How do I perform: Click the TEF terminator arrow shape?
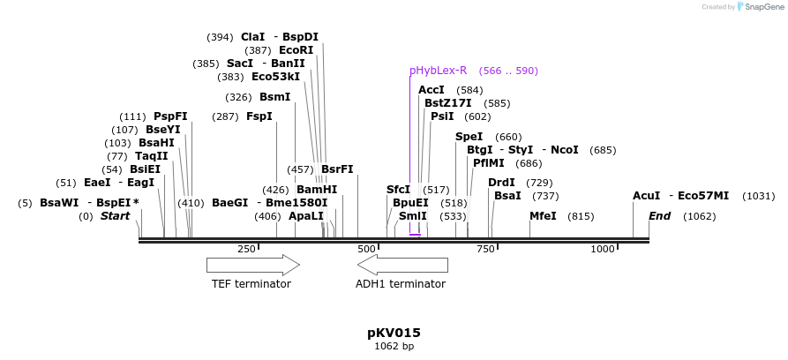pos(252,265)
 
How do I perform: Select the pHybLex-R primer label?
pos(438,71)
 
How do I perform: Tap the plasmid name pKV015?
pos(394,333)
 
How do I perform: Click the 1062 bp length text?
pos(394,347)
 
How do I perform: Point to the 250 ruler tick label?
pos(246,250)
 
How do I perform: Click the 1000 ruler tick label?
pos(603,250)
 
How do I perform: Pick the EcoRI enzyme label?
pos(296,50)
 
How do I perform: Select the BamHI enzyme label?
pos(317,190)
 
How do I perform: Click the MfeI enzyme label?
pos(543,216)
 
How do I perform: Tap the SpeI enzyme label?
pos(469,137)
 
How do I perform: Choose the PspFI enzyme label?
pos(170,116)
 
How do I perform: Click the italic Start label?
pos(115,216)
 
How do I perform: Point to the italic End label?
pos(660,216)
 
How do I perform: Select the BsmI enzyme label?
pos(274,97)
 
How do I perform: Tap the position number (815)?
pos(581,216)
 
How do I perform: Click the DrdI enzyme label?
pos(501,183)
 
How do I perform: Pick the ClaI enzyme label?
pos(252,37)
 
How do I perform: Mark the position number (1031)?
pos(758,196)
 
